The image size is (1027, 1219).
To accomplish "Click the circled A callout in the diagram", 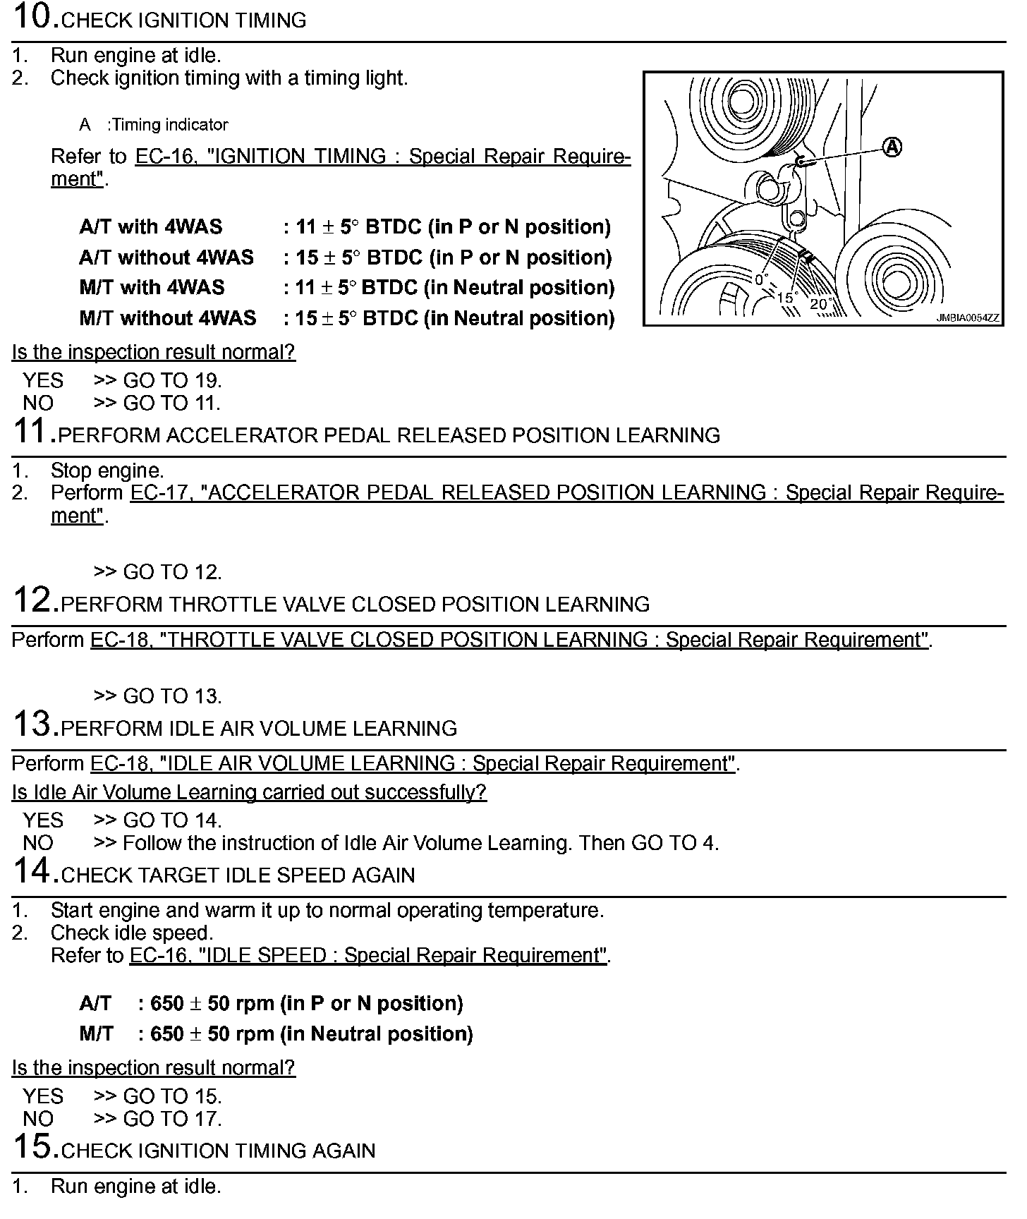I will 892,147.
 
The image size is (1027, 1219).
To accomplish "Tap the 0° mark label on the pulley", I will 760,279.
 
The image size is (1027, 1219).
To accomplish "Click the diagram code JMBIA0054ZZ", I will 967,318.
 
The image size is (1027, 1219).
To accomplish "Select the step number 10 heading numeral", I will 35,17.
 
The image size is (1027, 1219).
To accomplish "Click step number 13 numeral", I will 35,724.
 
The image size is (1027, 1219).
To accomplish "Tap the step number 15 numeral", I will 35,1147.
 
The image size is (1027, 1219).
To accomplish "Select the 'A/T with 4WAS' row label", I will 151,226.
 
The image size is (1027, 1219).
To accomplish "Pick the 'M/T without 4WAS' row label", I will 168,318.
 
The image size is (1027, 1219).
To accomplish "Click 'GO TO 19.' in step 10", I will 172,381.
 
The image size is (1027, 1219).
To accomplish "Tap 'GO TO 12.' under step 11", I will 172,572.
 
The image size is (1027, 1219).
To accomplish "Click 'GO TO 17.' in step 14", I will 172,1119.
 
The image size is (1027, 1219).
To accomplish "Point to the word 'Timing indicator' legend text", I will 169,125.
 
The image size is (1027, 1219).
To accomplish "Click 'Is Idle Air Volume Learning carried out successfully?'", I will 249,792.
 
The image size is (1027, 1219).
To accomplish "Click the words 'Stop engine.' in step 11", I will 107,471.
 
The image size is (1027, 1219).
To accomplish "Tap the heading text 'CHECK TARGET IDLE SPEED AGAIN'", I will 238,875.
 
